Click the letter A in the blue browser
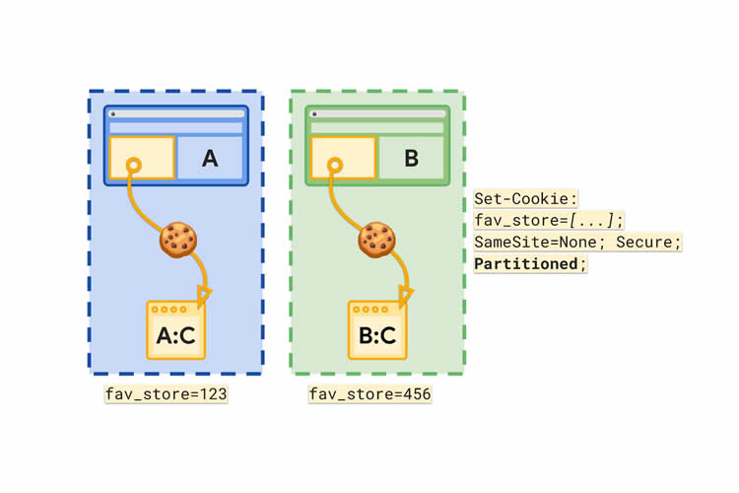209,158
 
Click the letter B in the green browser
412,158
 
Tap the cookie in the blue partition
178,239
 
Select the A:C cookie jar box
176,330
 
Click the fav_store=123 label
167,394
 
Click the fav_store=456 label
369,394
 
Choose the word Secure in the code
646,243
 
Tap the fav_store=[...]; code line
548,220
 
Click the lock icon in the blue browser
113,114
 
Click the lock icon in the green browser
313,114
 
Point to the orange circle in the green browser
335,165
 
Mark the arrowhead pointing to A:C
204,293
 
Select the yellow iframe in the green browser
343,158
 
